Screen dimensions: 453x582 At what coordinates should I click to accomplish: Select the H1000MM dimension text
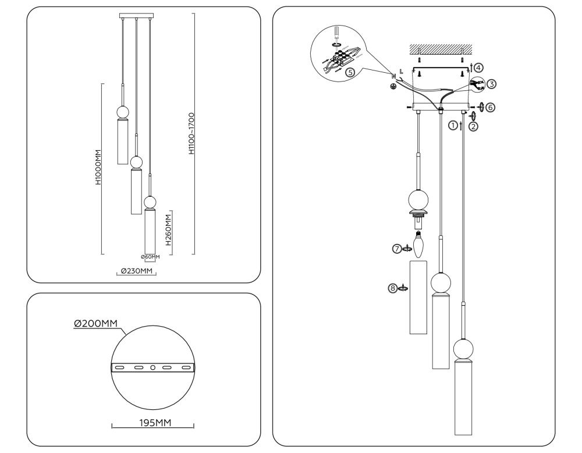point(99,167)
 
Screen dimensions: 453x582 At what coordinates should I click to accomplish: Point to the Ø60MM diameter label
point(149,256)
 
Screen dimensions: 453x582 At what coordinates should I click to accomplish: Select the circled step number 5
point(349,73)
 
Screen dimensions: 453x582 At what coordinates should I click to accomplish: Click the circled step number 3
point(492,84)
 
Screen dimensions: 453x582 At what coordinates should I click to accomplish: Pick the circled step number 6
point(491,107)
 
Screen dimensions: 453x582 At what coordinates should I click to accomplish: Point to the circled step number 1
point(452,125)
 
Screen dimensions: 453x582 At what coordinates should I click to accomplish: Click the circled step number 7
point(397,249)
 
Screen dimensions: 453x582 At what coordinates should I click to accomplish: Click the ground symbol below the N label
point(393,87)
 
